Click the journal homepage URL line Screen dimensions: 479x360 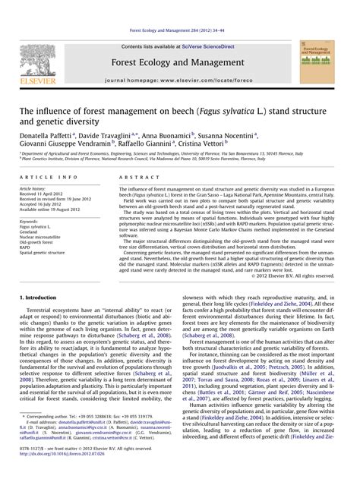pyautogui.click(x=179, y=79)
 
